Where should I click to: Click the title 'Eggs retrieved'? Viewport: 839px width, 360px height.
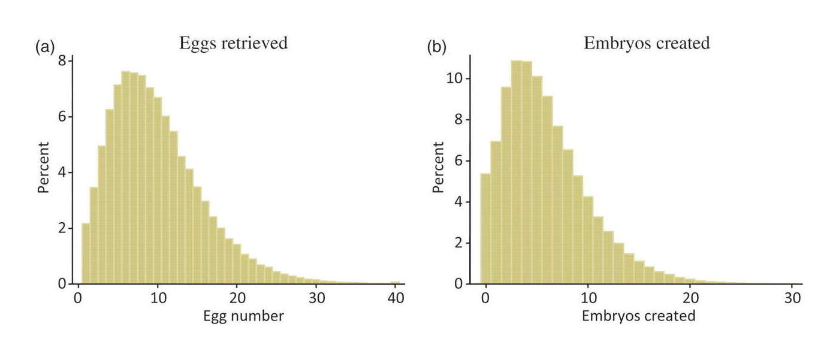[233, 43]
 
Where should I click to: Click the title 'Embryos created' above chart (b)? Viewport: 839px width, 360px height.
[647, 43]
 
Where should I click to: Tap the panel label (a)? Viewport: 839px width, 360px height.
[46, 46]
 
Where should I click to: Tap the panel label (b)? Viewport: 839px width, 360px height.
[436, 46]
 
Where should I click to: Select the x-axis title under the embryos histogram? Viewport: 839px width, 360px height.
[638, 316]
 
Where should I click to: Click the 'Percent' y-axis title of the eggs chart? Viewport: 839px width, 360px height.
[43, 168]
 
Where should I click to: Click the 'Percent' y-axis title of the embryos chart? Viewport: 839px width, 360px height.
[439, 167]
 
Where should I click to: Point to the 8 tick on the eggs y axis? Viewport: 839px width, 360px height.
[62, 61]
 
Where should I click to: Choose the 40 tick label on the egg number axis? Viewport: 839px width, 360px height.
[394, 298]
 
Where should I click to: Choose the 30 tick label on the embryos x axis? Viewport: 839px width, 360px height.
[792, 298]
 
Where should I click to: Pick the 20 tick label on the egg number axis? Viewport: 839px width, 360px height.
[237, 298]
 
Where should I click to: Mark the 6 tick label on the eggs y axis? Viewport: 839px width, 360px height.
[62, 117]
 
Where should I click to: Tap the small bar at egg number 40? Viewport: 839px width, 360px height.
[395, 282]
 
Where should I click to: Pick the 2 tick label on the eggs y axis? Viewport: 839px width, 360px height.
[62, 228]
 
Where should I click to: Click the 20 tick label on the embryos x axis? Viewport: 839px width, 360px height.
[690, 298]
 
